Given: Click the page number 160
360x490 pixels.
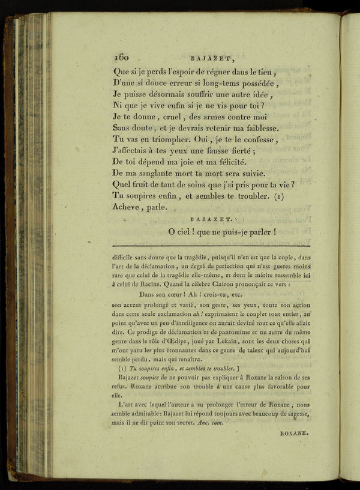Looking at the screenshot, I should (121, 58).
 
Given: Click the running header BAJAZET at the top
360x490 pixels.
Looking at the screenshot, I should (209, 59).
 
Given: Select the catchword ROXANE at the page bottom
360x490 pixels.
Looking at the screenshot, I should (295, 431).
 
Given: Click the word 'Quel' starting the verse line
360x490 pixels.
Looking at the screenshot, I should (122, 185).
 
